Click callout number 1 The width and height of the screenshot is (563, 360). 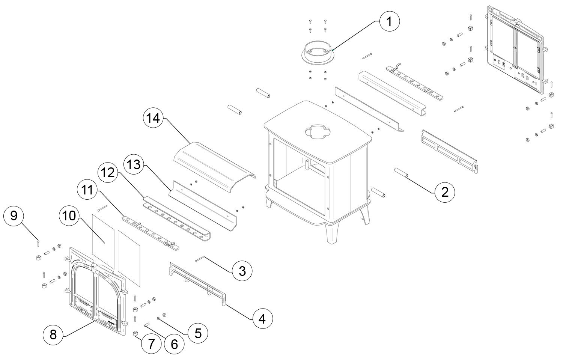tap(389, 22)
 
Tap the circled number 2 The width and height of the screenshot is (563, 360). tap(445, 192)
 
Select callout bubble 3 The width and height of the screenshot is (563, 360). tap(242, 271)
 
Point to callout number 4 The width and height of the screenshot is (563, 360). tap(262, 319)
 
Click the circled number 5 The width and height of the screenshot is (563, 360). tap(198, 333)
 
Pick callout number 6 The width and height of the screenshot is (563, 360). tap(174, 344)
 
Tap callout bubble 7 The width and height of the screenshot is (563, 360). tap(151, 344)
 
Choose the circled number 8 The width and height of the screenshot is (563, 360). tap(53, 334)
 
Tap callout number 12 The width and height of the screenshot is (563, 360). tap(108, 173)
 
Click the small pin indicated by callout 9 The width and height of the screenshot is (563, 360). tap(38, 243)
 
